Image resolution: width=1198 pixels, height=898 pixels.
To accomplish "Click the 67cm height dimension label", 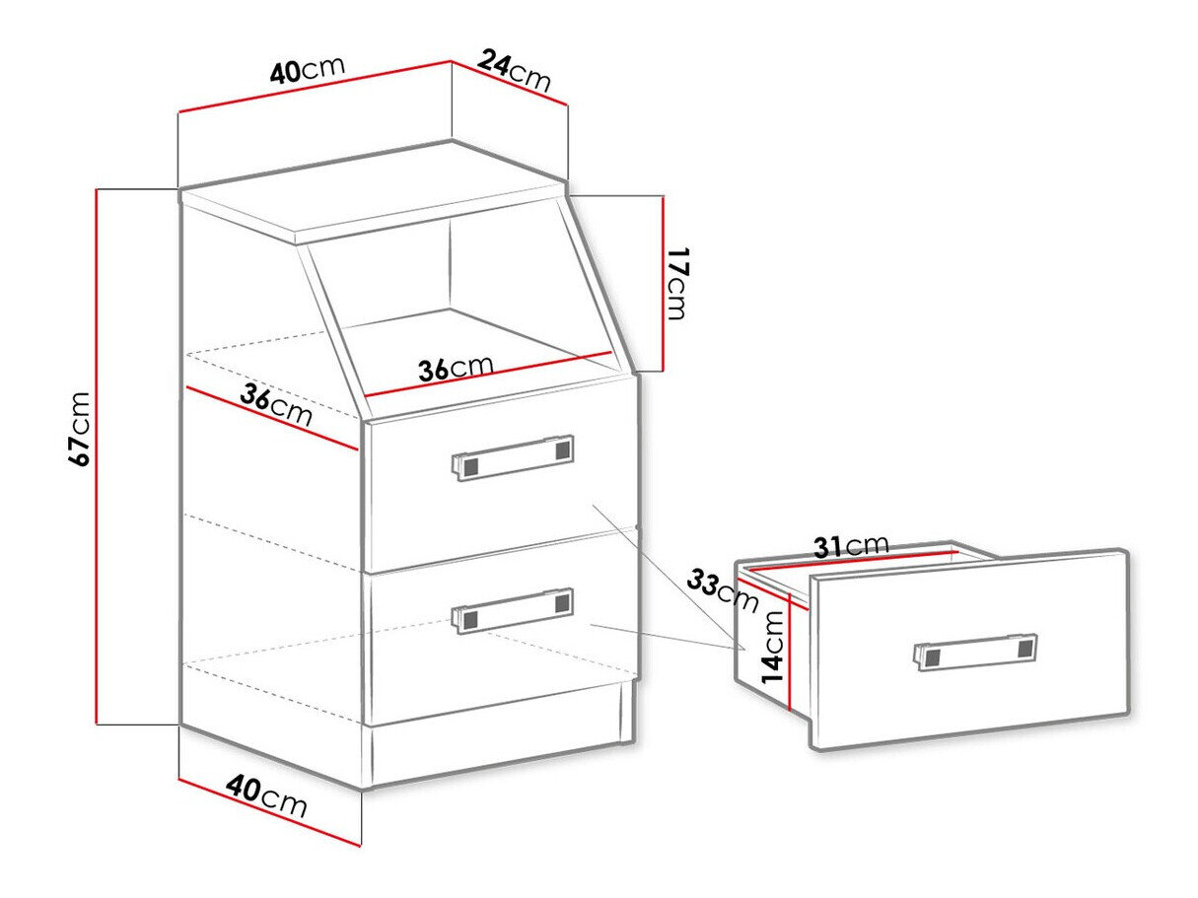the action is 79,428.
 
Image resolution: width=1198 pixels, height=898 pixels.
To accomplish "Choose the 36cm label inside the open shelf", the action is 456,368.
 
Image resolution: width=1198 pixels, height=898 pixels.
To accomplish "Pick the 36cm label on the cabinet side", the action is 276,405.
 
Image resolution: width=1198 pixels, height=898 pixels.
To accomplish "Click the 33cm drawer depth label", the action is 723,590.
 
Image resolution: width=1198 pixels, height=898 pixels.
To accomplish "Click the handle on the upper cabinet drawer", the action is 512,457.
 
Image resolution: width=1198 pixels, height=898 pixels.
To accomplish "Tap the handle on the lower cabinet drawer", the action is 512,610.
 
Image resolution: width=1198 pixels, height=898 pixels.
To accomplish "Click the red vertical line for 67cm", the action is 98,456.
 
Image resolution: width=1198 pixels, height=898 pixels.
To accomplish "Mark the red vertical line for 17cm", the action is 663,283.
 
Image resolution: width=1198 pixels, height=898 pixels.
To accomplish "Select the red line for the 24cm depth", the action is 510,83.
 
